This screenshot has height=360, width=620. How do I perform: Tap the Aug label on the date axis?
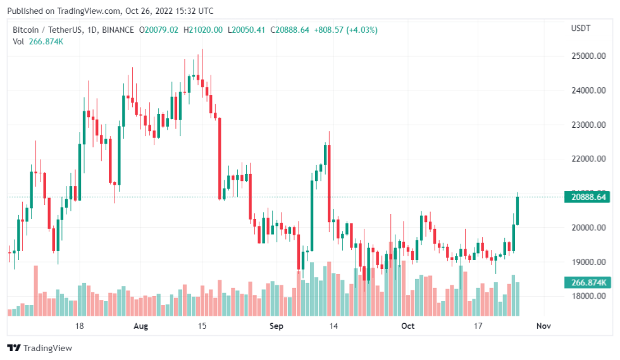click(x=141, y=326)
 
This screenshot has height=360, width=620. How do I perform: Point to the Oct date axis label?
click(x=408, y=326)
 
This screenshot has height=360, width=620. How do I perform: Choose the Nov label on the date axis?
click(x=543, y=326)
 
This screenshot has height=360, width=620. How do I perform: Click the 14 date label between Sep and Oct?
click(x=334, y=326)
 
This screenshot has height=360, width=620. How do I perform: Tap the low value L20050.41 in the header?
click(x=247, y=30)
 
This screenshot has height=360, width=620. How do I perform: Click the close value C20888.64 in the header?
click(x=290, y=30)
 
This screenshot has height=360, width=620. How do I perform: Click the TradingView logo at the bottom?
click(x=39, y=348)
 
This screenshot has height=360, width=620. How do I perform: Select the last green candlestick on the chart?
click(x=518, y=210)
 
